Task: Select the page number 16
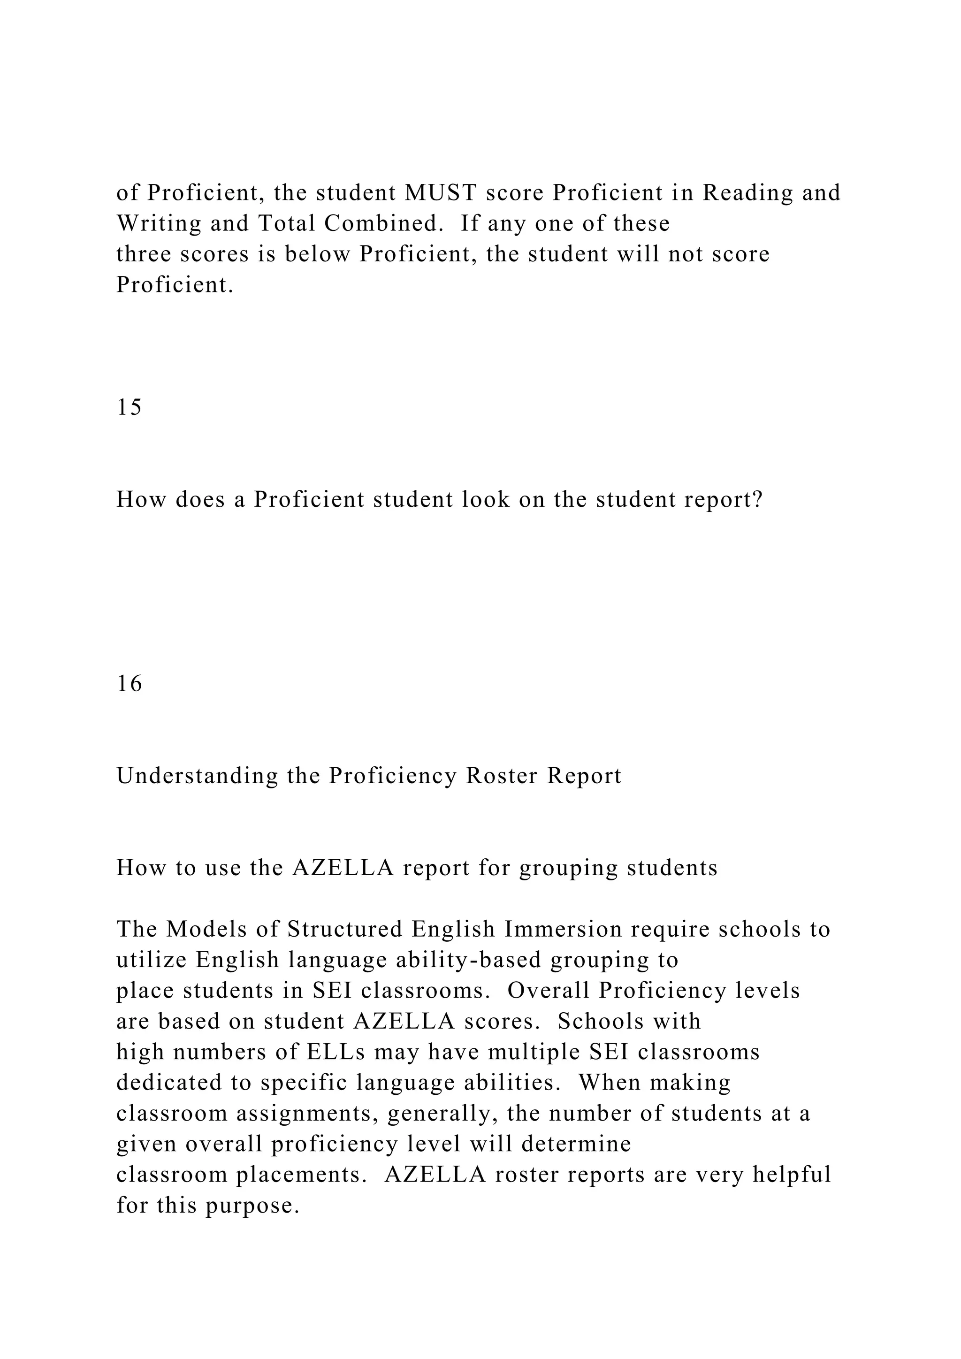(x=129, y=684)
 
